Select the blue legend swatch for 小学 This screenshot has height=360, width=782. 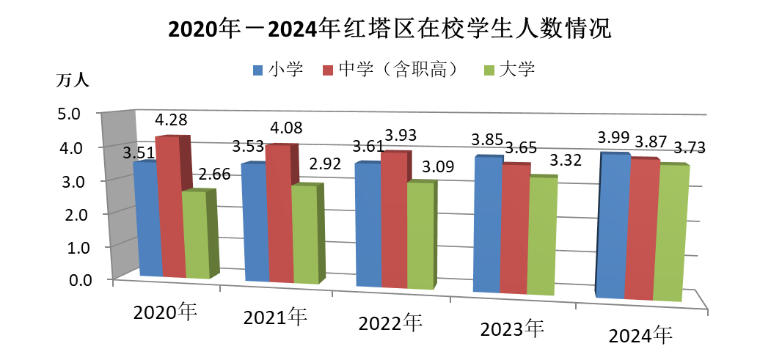coord(257,70)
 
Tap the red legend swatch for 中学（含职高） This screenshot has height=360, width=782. coord(328,70)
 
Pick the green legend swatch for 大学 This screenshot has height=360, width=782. coord(489,70)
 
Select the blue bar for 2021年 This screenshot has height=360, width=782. coord(254,221)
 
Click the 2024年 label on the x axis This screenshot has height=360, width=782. coord(640,337)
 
